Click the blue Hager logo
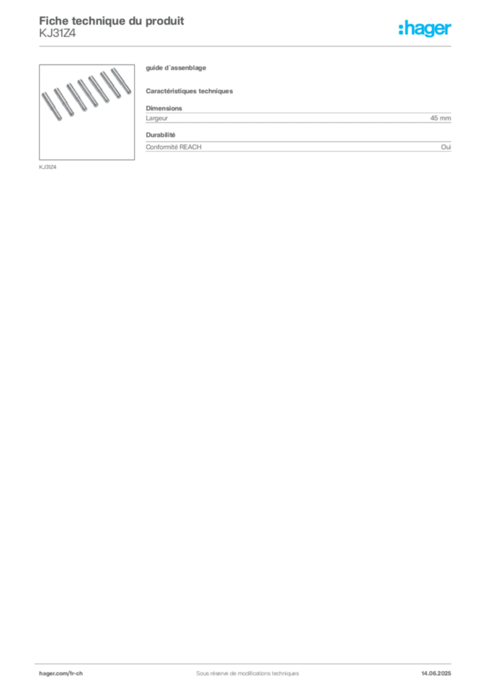pyautogui.click(x=426, y=30)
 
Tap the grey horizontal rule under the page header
pyautogui.click(x=247, y=46)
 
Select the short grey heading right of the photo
pyautogui.click(x=177, y=69)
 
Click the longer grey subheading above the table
pyautogui.click(x=191, y=90)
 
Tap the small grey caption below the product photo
pyautogui.click(x=48, y=167)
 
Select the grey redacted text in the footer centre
pyautogui.click(x=242, y=669)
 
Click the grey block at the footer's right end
pyautogui.click(x=441, y=670)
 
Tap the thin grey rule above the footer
pyautogui.click(x=247, y=662)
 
